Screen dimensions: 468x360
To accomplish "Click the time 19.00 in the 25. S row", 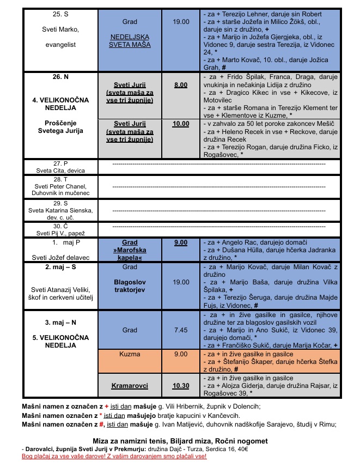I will [181, 22].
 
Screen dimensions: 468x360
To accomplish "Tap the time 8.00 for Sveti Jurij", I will [181, 86].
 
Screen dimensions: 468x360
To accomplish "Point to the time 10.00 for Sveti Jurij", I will [181, 124].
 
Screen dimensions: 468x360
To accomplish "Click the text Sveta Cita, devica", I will [60, 171].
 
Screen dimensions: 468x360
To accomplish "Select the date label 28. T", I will [60, 179].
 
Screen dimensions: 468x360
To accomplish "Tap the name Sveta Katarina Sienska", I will [60, 210].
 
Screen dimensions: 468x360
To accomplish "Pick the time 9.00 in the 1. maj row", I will [181, 242].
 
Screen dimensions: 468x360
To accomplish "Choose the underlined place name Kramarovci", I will [130, 385].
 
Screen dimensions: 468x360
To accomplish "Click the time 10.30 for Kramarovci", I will [181, 385].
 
